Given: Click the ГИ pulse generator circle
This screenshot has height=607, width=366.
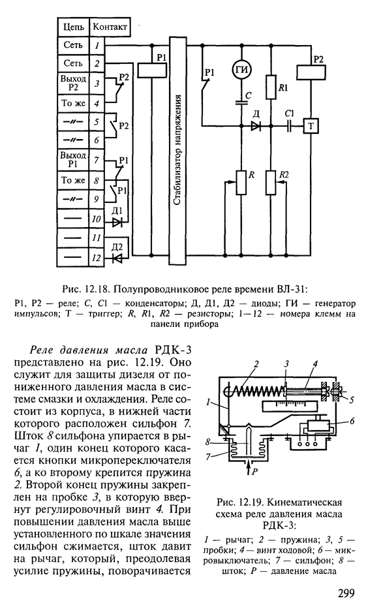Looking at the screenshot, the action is click(242, 69).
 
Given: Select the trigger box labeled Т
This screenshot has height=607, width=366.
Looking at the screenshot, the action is click(311, 126).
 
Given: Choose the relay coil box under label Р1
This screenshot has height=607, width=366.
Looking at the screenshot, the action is click(151, 70).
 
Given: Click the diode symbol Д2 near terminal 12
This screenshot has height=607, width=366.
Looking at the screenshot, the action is click(116, 257).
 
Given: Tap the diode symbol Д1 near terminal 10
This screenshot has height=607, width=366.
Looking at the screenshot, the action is click(116, 223).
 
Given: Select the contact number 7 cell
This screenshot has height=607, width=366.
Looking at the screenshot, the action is click(97, 160).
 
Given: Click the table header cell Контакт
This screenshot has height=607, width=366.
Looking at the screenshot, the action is click(110, 27).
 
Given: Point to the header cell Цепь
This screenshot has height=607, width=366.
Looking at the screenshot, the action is click(74, 27).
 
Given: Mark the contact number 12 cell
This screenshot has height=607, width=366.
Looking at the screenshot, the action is click(97, 257).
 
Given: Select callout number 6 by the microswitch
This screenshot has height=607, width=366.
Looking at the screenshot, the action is click(352, 421).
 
